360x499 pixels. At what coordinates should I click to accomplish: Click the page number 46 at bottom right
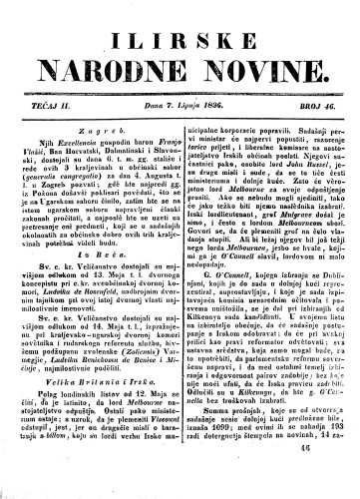328,477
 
